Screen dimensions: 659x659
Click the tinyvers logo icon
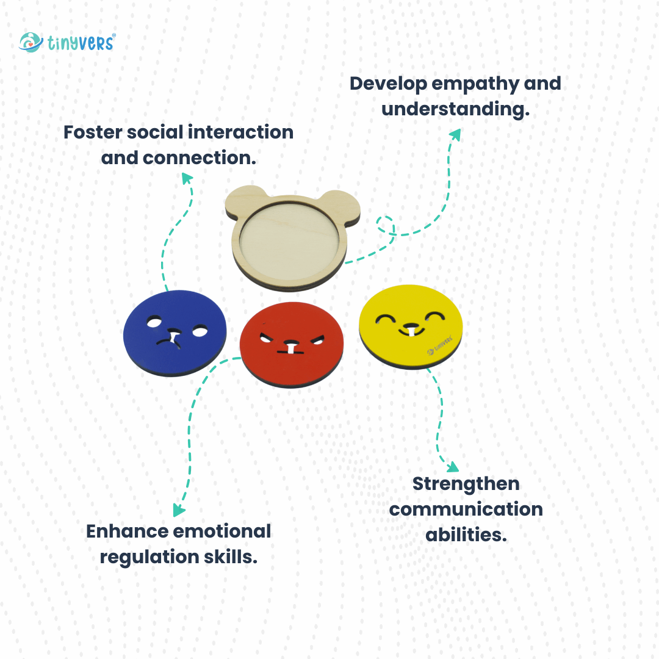click(31, 43)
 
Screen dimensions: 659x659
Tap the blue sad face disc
click(175, 333)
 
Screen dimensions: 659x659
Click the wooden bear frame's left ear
click(246, 201)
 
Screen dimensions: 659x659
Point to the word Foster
click(93, 132)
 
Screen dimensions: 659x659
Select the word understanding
click(455, 109)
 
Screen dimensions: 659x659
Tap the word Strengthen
click(466, 484)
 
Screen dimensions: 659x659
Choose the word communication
click(466, 509)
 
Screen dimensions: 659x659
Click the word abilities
click(466, 535)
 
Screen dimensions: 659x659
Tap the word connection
click(199, 158)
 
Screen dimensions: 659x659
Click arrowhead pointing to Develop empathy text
click(456, 134)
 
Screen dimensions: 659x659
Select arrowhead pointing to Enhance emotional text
click(178, 510)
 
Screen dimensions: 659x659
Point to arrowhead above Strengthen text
click(453, 467)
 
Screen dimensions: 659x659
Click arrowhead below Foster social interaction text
click(187, 178)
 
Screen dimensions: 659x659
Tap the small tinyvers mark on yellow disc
click(439, 345)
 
